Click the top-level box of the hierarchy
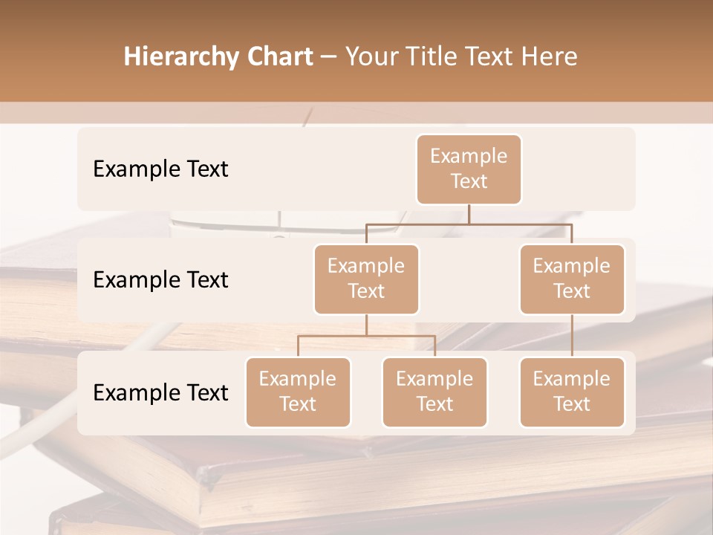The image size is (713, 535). (x=469, y=169)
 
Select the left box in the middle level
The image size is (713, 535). (x=366, y=279)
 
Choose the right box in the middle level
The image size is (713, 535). (x=572, y=279)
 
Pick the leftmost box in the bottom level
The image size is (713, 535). (x=298, y=392)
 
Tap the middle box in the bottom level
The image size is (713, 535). (x=434, y=392)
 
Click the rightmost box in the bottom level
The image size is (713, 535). (x=572, y=392)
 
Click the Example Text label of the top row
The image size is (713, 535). (x=160, y=169)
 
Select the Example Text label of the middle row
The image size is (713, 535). (x=160, y=280)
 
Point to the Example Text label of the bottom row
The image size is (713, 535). (x=160, y=392)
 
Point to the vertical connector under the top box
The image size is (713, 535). (x=469, y=214)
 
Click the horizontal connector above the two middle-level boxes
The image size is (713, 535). (x=469, y=224)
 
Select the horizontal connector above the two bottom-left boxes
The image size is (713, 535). (x=366, y=336)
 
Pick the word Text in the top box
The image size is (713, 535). (x=469, y=181)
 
